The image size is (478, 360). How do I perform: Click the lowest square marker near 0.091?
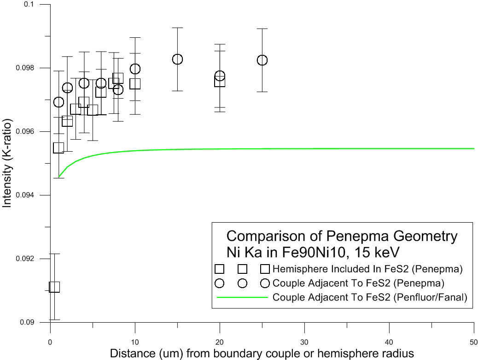tap(54, 287)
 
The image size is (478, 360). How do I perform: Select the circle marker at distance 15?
tap(177, 59)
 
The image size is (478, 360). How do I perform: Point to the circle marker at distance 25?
tap(262, 60)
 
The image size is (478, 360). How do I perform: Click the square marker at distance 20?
tap(220, 82)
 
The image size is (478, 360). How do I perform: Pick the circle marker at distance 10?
tap(135, 69)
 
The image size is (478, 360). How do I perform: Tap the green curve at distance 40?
tap(389, 148)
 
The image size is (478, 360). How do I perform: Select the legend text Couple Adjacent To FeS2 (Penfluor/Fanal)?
tap(370, 298)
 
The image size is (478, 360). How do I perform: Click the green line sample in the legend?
tap(242, 298)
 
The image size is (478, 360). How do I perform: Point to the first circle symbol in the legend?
tap(220, 283)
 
